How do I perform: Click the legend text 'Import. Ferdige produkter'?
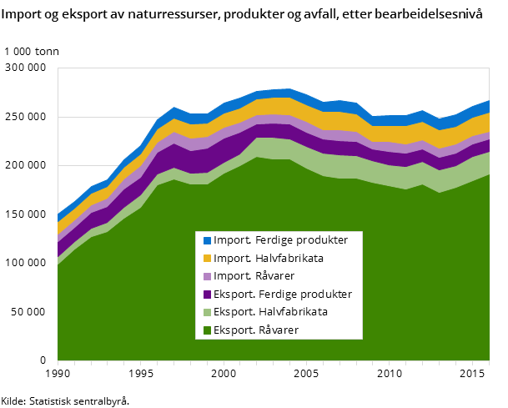tap(280, 240)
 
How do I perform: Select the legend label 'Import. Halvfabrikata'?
tap(268, 259)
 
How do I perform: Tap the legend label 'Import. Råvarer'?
tap(254, 276)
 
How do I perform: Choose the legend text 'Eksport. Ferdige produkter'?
tap(282, 295)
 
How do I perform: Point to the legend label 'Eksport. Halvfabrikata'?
tap(270, 312)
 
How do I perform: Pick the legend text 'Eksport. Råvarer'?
tap(255, 330)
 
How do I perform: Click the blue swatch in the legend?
tap(207, 240)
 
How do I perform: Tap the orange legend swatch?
tap(207, 259)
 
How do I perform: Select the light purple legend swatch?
tap(207, 276)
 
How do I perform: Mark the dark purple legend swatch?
tap(207, 295)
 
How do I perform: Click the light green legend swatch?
tap(207, 312)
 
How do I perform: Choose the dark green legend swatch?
tap(207, 330)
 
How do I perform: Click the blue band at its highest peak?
tap(289, 93)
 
